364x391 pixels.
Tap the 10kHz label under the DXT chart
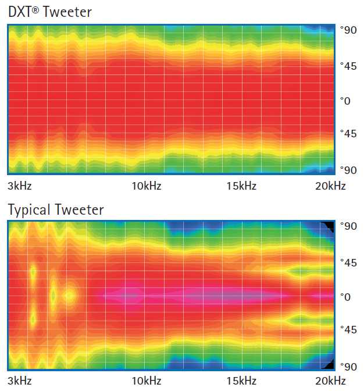point(146,186)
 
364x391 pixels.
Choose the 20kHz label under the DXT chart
point(330,186)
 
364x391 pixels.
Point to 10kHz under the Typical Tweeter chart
point(146,382)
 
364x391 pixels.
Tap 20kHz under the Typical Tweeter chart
point(330,382)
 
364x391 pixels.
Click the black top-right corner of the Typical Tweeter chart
point(329,226)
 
